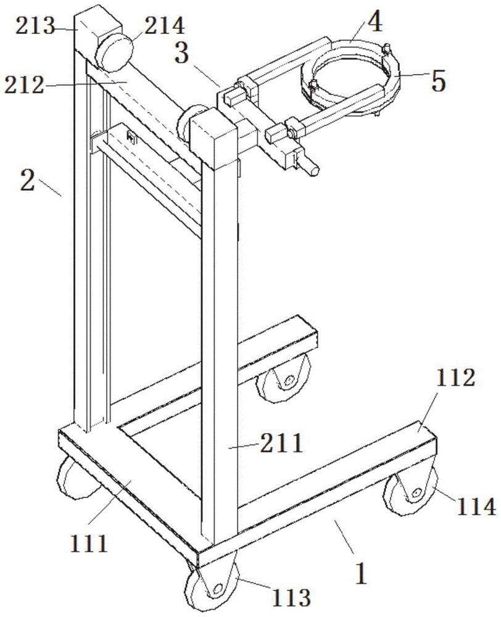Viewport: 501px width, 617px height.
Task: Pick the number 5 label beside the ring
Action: point(437,81)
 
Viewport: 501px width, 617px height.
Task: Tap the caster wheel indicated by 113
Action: point(210,587)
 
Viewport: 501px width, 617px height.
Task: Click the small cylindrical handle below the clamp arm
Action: point(312,167)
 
